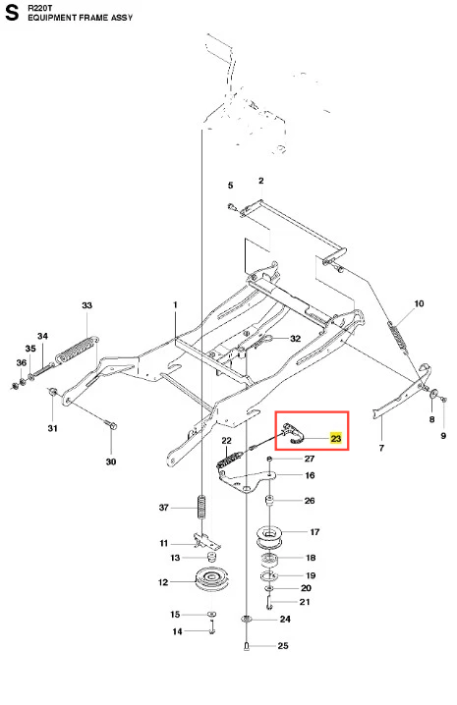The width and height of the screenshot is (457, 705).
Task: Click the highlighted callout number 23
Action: pyautogui.click(x=336, y=438)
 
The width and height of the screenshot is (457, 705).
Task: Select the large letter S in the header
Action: pyautogui.click(x=12, y=13)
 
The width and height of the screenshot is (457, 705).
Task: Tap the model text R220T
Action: pyautogui.click(x=40, y=8)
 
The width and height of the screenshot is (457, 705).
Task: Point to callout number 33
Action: pyautogui.click(x=86, y=305)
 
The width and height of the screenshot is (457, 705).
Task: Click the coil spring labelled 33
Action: pyautogui.click(x=78, y=348)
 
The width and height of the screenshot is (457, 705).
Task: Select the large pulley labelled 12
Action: pyautogui.click(x=212, y=582)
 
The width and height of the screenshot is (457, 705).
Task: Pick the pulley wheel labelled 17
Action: pyautogui.click(x=269, y=537)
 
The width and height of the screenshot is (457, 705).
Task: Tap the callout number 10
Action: pyautogui.click(x=419, y=303)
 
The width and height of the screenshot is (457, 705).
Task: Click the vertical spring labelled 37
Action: pyautogui.click(x=201, y=507)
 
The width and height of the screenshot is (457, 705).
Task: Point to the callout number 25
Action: pyautogui.click(x=283, y=646)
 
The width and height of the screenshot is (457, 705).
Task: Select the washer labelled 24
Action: pyautogui.click(x=246, y=620)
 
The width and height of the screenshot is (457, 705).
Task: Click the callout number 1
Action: pyautogui.click(x=175, y=304)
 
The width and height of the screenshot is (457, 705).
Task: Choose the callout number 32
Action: pyautogui.click(x=295, y=338)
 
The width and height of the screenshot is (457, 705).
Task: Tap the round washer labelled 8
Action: pyautogui.click(x=433, y=394)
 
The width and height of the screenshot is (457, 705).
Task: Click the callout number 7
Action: pyautogui.click(x=381, y=448)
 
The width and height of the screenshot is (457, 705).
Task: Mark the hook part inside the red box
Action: pyautogui.click(x=293, y=433)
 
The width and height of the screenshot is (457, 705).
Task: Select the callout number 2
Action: pyautogui.click(x=261, y=181)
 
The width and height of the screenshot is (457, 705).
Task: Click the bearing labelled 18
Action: pyautogui.click(x=269, y=561)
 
